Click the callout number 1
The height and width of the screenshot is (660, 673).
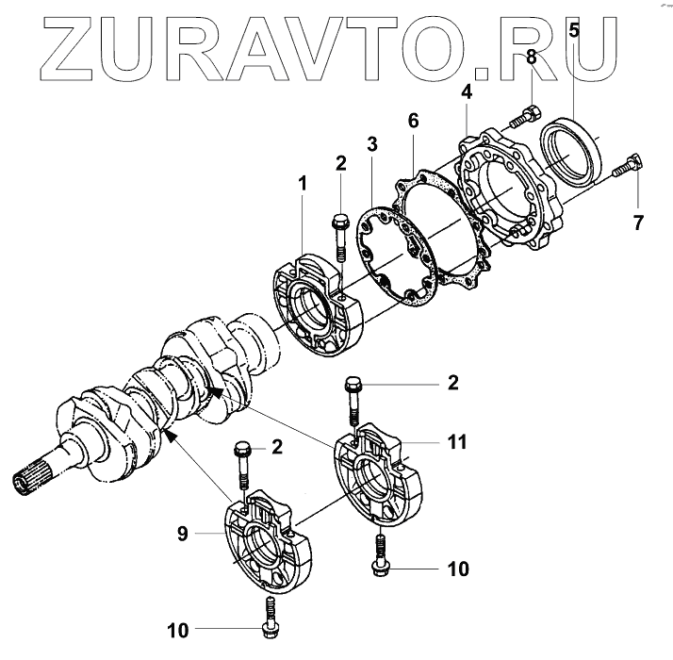(x=303, y=183)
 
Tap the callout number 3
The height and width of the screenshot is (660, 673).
(x=372, y=144)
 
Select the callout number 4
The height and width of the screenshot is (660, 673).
(x=467, y=93)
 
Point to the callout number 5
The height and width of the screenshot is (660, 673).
(x=573, y=29)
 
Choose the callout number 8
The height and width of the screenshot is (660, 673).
(x=532, y=58)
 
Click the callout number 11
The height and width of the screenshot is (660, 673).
(x=457, y=440)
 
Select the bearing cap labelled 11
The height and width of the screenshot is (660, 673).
(x=383, y=477)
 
